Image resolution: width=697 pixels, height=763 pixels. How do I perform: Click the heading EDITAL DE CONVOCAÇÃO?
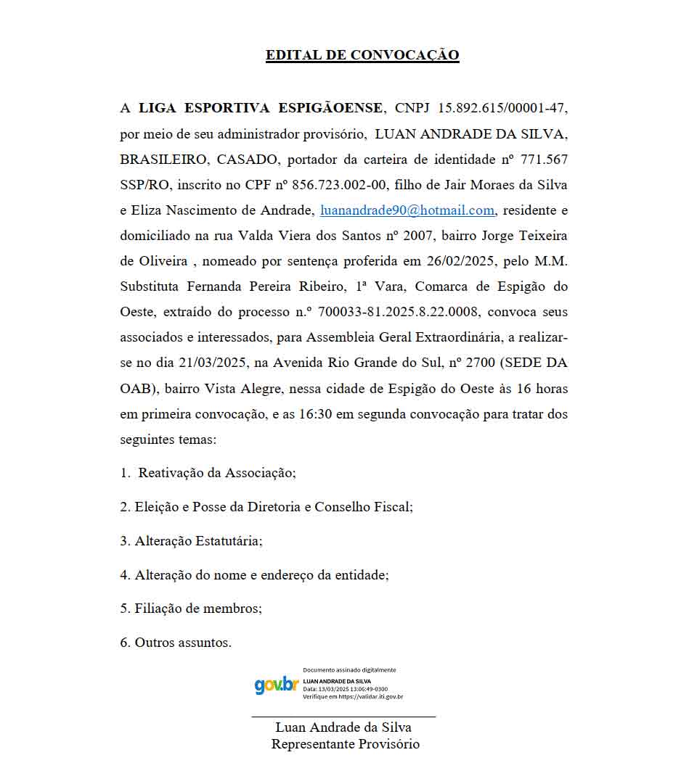coord(362,55)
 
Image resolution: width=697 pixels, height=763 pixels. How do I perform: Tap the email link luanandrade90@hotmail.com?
coord(407,210)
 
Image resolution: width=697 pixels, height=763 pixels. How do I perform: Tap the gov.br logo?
coord(277,685)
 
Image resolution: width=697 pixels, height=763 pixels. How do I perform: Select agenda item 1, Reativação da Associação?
coord(217,473)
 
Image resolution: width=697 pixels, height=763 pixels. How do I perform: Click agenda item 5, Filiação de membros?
coord(198,609)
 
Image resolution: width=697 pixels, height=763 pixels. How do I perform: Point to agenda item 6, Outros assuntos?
coord(183,643)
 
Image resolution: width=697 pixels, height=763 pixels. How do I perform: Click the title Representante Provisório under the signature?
coord(346,744)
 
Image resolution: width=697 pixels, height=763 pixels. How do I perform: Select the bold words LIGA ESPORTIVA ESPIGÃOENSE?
coord(261,108)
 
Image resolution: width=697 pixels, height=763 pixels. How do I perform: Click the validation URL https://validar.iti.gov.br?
coord(370,696)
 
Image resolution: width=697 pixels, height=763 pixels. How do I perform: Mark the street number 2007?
coord(407,236)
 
